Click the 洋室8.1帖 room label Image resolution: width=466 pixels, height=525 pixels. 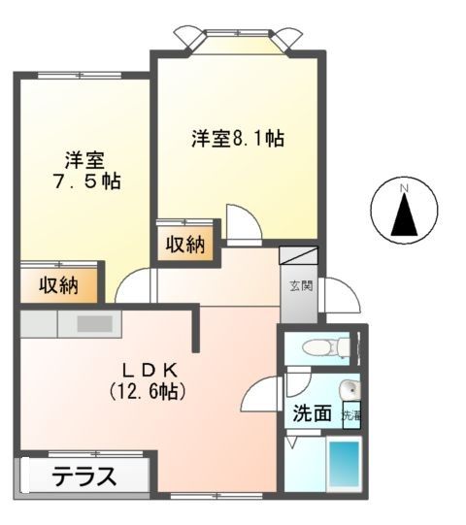click(237, 139)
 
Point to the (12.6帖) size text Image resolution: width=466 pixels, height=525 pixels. click(147, 392)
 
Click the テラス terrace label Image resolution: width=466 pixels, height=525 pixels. click(84, 477)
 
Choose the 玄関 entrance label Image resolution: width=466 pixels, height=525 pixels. click(299, 286)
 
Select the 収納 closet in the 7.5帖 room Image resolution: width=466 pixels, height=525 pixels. click(58, 285)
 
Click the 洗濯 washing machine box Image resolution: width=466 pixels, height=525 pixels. click(350, 414)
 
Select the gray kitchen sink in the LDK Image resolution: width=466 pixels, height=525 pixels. click(95, 323)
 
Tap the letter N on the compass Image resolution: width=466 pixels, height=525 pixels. click(405, 186)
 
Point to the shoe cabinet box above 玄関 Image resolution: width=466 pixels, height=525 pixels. click(298, 257)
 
